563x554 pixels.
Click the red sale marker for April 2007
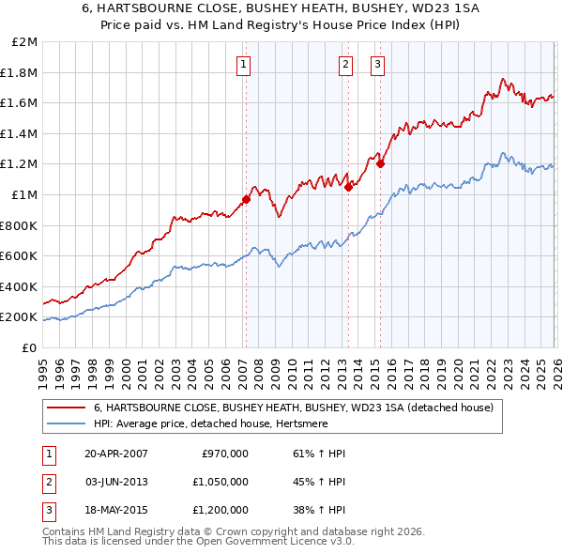[x=246, y=199]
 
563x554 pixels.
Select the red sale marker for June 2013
[x=348, y=187]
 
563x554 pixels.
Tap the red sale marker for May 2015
[x=381, y=163]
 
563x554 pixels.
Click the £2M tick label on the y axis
[x=25, y=42]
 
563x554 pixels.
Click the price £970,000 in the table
[x=224, y=454]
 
